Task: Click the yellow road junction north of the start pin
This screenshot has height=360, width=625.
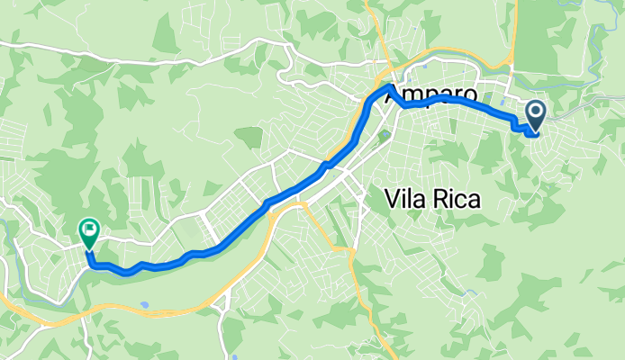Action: click(x=511, y=68)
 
